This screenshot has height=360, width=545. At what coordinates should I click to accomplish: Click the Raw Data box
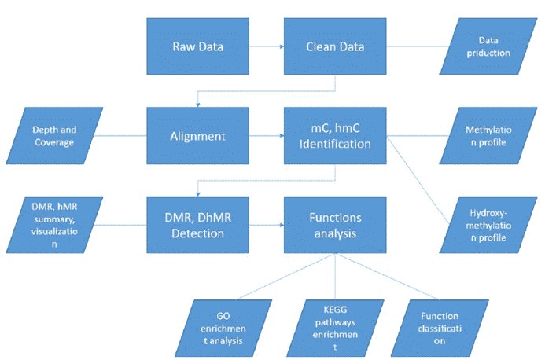pyautogui.click(x=199, y=46)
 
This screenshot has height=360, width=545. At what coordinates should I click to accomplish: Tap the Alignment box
pyautogui.click(x=199, y=135)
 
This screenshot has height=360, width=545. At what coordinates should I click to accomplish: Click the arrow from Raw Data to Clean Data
pyautogui.click(x=267, y=46)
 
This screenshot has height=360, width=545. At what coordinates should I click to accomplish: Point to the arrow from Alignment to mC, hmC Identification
pyautogui.click(x=267, y=135)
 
